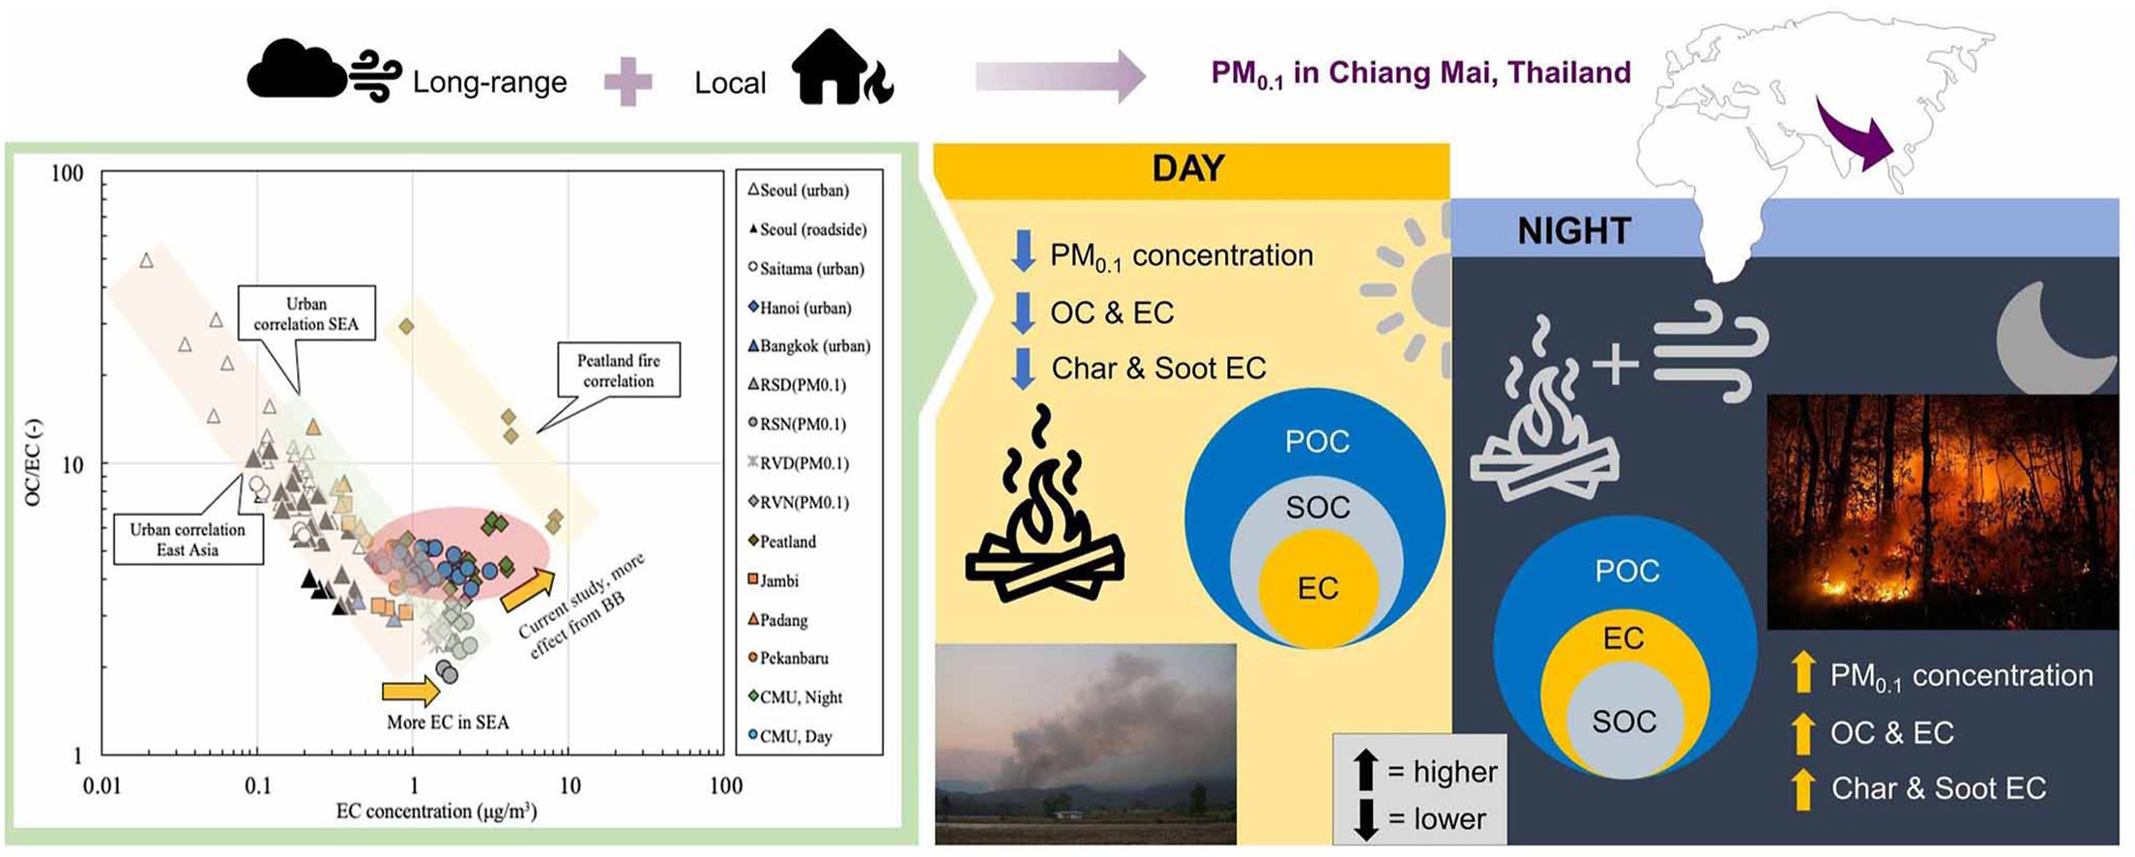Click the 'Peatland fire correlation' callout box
(x=619, y=370)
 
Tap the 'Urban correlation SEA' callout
(x=306, y=314)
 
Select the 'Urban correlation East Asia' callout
(x=189, y=539)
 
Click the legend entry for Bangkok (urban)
(x=809, y=346)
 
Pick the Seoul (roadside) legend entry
(x=808, y=229)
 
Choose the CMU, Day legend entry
(x=790, y=736)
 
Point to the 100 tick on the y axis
(x=67, y=174)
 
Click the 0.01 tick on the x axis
(x=102, y=784)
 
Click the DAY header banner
(x=1190, y=170)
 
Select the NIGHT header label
(x=1574, y=230)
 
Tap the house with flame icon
(x=842, y=67)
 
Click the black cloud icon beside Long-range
(x=296, y=69)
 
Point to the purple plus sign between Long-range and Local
(x=629, y=82)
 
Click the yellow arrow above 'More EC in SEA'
(x=411, y=691)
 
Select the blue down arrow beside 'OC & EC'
(x=1023, y=312)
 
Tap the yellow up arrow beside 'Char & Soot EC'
(x=1802, y=788)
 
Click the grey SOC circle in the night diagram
(x=1624, y=722)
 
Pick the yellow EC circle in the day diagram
(x=1318, y=588)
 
